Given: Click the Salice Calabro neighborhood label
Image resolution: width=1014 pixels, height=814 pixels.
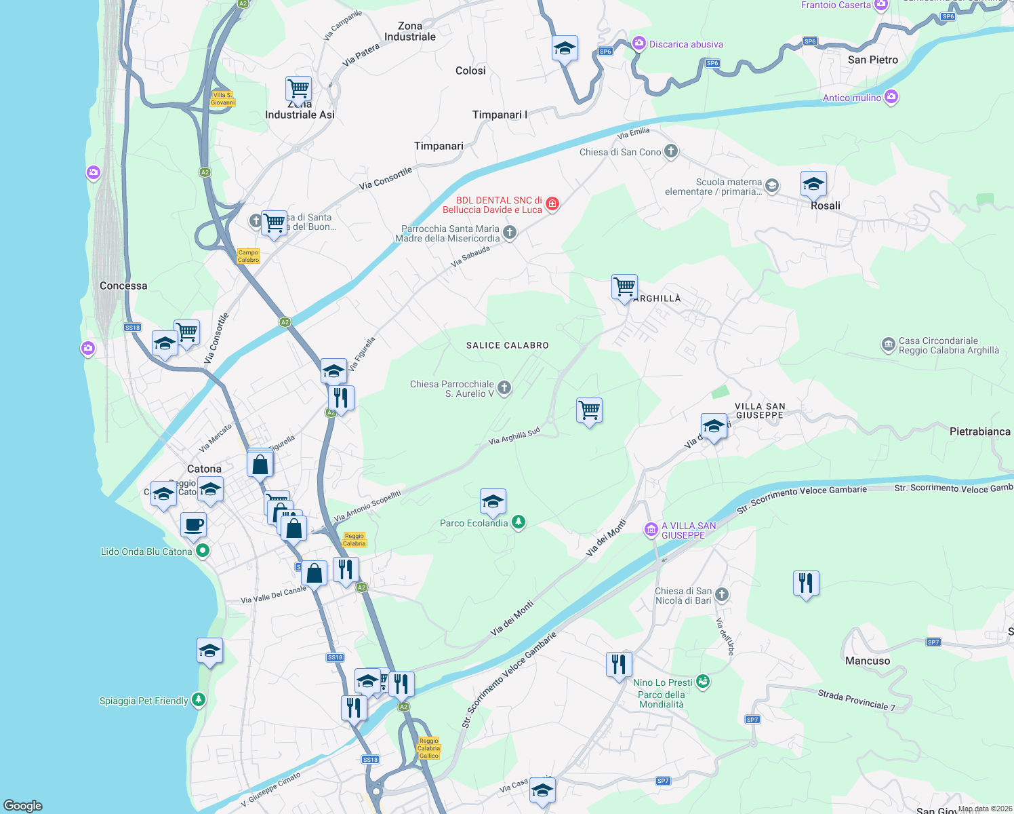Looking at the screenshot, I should [507, 345].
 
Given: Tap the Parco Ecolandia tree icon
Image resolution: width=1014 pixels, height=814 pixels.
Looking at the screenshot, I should [519, 522].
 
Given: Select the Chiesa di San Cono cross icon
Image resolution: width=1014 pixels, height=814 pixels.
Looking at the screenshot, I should [670, 151].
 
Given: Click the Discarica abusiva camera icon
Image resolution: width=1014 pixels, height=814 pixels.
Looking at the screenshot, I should [638, 43].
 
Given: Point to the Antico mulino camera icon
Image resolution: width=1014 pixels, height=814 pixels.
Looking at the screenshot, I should [891, 97].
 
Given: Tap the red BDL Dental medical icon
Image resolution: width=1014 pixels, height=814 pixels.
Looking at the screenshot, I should [552, 204].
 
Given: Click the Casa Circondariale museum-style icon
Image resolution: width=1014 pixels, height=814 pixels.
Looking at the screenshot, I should [888, 345].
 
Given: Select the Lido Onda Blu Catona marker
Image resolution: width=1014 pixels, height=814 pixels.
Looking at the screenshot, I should [202, 551].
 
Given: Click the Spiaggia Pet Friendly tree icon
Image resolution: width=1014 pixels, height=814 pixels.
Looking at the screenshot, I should [198, 699].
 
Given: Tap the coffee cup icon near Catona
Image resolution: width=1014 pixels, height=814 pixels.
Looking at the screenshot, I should [193, 524].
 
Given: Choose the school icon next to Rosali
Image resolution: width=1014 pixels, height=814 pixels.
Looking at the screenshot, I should [813, 183].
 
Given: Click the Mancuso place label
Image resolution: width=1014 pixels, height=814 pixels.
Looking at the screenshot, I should [867, 661].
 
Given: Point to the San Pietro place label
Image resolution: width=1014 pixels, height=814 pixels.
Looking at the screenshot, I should [872, 60].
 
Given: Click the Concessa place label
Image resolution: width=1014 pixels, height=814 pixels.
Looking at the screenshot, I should [123, 286].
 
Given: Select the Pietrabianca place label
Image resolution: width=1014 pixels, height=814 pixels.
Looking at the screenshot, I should [979, 431].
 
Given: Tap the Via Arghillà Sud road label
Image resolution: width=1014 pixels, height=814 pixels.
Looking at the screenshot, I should [514, 436].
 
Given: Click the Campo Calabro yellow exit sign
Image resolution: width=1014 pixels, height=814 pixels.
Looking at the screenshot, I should [248, 256].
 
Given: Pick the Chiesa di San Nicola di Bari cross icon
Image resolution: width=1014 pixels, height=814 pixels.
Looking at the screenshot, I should [722, 595].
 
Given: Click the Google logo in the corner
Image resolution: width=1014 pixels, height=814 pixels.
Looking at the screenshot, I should [23, 805].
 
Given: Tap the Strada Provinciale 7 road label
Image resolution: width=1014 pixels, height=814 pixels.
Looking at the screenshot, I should [856, 700].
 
